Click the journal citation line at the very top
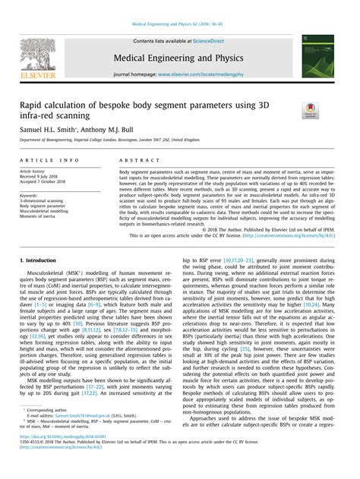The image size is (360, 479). pyautogui.click(x=179, y=24)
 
